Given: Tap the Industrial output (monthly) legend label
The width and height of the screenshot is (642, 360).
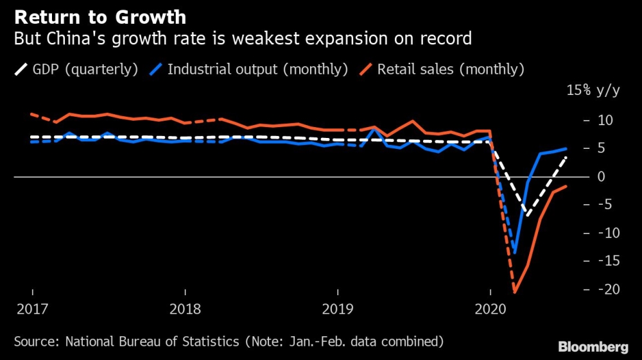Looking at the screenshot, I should [257, 69].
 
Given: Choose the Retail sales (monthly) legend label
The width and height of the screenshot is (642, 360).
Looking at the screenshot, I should [451, 69].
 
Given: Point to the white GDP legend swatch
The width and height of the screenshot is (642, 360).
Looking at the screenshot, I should [21, 69].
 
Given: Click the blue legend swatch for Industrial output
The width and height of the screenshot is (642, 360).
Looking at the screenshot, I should [157, 69].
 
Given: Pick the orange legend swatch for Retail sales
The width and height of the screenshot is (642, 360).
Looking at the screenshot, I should [367, 69].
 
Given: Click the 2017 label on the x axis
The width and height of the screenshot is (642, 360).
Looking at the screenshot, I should [32, 309].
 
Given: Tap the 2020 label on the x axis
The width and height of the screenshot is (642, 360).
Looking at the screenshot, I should [489, 309].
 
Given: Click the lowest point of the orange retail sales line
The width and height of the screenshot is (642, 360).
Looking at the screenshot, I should [514, 293].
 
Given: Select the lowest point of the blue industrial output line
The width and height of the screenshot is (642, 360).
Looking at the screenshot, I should [514, 252].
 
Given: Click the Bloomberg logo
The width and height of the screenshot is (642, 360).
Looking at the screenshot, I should [593, 347].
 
